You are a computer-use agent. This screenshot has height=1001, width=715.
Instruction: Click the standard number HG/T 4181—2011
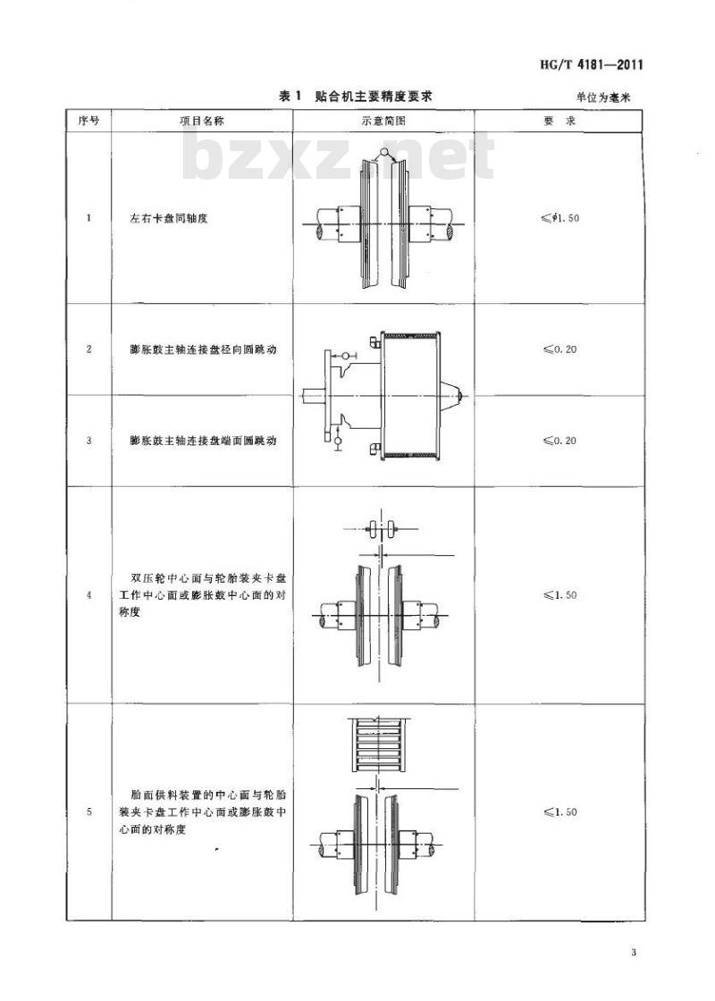(x=591, y=64)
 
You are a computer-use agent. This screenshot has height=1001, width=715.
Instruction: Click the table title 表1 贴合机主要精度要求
(x=357, y=97)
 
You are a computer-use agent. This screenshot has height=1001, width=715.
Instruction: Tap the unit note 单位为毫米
(x=602, y=97)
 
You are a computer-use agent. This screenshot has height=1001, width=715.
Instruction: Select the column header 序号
(x=88, y=120)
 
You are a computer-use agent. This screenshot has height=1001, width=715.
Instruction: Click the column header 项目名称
(x=202, y=121)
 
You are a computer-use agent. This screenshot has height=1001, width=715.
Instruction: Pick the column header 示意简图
(x=383, y=121)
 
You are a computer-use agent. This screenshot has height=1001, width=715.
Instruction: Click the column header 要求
(x=559, y=121)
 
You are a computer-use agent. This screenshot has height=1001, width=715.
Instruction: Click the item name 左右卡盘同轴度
(x=169, y=218)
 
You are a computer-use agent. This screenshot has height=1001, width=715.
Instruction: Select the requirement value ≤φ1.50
(x=559, y=218)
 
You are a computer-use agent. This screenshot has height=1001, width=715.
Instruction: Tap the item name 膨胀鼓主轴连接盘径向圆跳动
(x=203, y=349)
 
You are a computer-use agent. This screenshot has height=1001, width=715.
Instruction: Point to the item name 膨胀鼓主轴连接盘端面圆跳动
(x=203, y=441)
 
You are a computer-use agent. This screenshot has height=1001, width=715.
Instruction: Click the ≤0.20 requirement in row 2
(x=559, y=349)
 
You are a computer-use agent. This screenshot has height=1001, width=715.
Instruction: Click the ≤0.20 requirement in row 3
(x=559, y=441)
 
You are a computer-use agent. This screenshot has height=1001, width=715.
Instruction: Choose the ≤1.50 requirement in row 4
(x=559, y=595)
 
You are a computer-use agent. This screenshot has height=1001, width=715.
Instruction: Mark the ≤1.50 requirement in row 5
(x=559, y=812)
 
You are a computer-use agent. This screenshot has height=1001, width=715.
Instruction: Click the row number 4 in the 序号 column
(x=88, y=595)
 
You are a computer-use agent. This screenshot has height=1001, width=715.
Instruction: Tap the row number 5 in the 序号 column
(x=88, y=812)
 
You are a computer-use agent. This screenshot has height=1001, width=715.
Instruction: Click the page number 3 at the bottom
(x=633, y=953)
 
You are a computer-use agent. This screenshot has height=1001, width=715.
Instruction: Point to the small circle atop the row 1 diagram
(x=383, y=152)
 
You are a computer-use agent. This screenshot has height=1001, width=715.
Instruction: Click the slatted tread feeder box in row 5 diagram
(x=379, y=744)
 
